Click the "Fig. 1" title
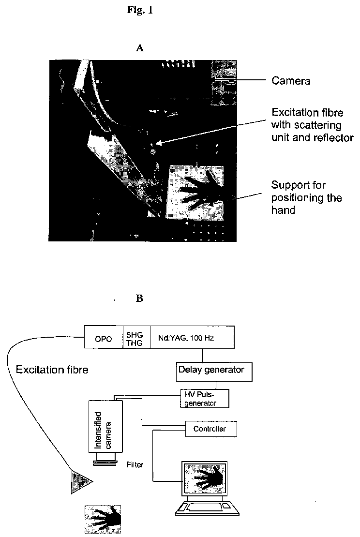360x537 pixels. [140, 10]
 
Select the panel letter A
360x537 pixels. [140, 48]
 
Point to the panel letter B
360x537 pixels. [139, 298]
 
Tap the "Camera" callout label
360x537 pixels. [291, 81]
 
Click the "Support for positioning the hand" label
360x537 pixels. [306, 197]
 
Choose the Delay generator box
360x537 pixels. [214, 372]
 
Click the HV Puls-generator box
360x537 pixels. [205, 398]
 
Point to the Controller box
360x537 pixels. [211, 429]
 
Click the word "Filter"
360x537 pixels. [135, 465]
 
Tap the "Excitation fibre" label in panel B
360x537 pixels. [52, 370]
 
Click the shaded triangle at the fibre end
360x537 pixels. [80, 482]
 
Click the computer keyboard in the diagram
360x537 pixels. [207, 508]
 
